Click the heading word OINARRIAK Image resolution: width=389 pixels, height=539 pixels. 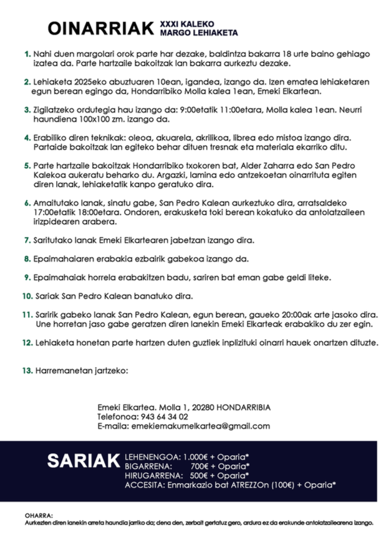click(x=100, y=28)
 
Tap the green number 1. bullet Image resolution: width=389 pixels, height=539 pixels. click(x=27, y=54)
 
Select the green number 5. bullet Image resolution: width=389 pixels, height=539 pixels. click(x=27, y=167)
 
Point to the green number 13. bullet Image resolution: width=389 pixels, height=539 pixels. click(x=26, y=371)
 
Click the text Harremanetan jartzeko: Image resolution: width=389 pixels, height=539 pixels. click(x=81, y=371)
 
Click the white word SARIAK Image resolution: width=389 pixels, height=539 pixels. click(x=83, y=461)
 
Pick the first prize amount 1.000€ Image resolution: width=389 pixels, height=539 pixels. click(x=195, y=456)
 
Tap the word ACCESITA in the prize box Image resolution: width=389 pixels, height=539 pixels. click(x=144, y=485)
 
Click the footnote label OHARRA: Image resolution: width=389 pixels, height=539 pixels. click(x=39, y=515)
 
